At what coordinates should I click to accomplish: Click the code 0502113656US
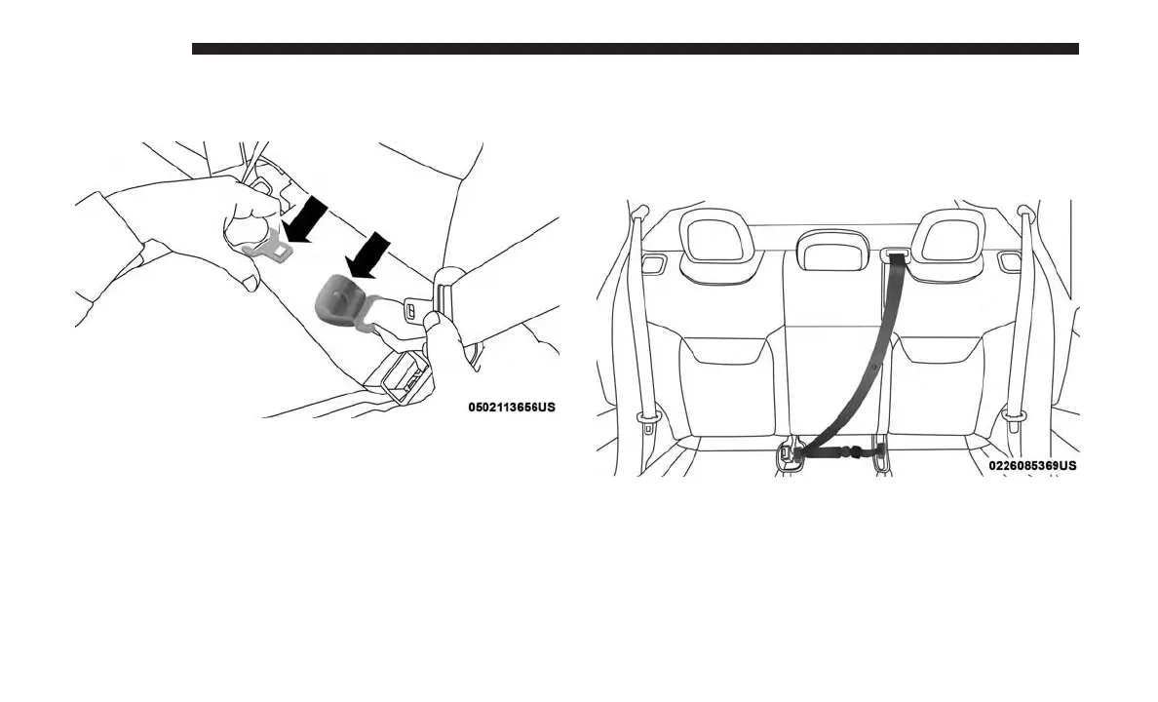click(512, 406)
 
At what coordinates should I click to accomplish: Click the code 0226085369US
click(1032, 466)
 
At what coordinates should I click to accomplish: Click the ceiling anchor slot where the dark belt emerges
click(897, 256)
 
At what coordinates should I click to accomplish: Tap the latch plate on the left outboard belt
click(646, 422)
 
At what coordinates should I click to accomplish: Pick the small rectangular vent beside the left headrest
click(655, 261)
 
